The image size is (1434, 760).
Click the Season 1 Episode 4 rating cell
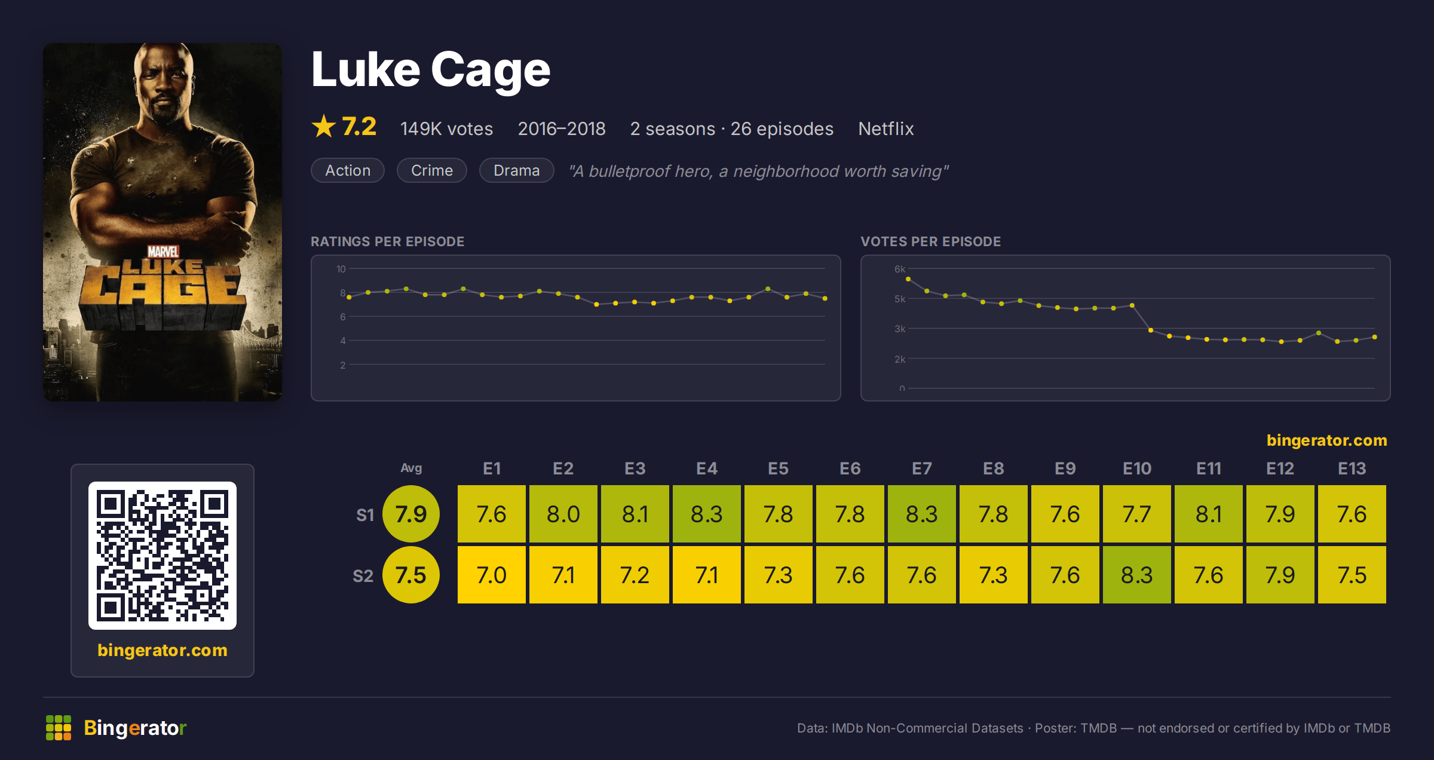[x=706, y=514]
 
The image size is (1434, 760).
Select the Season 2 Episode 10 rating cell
[x=1136, y=575]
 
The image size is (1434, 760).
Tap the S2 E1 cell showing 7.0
[x=491, y=575]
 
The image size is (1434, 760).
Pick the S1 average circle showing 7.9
[x=411, y=514]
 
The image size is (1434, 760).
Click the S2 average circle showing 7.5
[x=411, y=575]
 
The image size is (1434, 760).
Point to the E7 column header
[x=921, y=468]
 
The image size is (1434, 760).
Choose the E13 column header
[x=1352, y=468]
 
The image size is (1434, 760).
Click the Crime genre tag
[x=431, y=170]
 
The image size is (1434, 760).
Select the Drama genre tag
[x=516, y=170]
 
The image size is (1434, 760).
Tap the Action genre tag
[x=348, y=170]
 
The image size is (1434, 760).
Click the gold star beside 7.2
[x=324, y=126]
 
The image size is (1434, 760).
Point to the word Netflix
[x=885, y=128]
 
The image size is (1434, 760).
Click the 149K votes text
[x=446, y=128]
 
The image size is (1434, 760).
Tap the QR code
[x=163, y=556]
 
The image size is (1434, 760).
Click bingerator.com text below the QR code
[x=163, y=650]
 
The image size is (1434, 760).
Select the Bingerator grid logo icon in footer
[x=59, y=728]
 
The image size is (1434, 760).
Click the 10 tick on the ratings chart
[x=341, y=269]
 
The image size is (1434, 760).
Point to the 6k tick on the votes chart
[x=900, y=269]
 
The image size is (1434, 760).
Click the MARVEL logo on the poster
[x=163, y=251]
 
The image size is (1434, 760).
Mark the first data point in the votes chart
[x=908, y=279]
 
